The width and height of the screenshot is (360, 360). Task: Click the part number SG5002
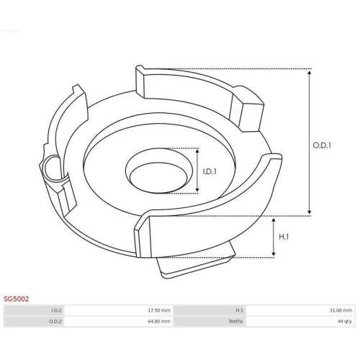point(17,299)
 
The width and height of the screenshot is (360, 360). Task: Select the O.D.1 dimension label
point(322,145)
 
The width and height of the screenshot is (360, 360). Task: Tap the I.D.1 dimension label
point(210,171)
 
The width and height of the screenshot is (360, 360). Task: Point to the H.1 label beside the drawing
point(284,237)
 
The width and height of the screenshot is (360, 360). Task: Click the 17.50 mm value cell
point(118,310)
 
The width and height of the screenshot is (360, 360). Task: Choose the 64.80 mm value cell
point(118,321)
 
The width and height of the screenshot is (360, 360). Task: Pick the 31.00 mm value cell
point(300,310)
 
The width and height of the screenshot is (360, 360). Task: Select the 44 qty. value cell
point(300,321)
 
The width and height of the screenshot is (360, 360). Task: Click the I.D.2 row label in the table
point(56,310)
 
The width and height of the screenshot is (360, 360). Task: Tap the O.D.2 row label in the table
point(55,321)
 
